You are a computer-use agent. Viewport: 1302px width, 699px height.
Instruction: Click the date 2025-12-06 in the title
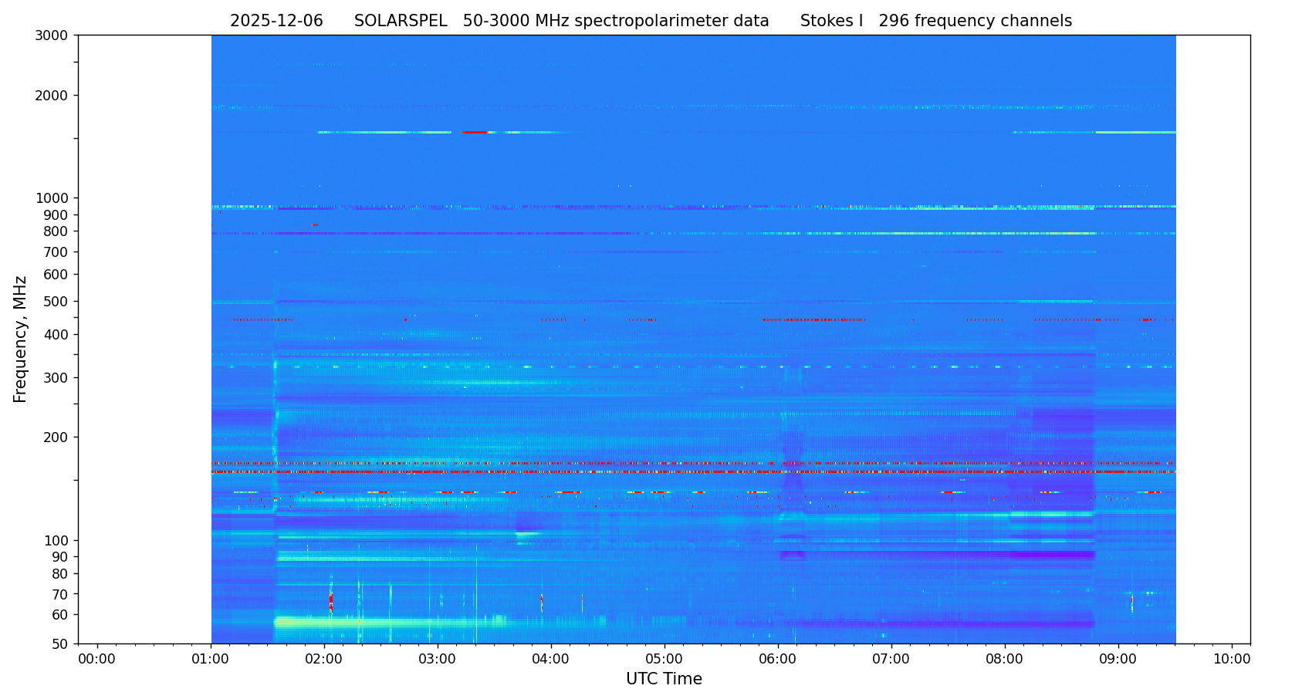pyautogui.click(x=276, y=22)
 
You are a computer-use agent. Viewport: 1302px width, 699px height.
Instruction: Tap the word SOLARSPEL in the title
pyautogui.click(x=401, y=22)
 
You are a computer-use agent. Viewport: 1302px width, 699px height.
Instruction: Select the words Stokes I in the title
pyautogui.click(x=831, y=22)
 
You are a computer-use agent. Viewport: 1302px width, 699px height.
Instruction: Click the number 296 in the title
pyautogui.click(x=894, y=22)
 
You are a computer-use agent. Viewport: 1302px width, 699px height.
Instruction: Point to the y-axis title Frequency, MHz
pyautogui.click(x=21, y=339)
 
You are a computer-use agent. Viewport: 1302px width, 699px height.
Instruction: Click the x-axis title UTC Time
pyautogui.click(x=664, y=680)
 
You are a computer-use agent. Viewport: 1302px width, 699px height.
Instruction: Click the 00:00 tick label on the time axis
pyautogui.click(x=97, y=660)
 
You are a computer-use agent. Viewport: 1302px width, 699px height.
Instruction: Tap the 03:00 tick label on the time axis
pyautogui.click(x=438, y=660)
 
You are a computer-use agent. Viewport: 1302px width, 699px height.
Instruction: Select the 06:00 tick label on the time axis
pyautogui.click(x=778, y=660)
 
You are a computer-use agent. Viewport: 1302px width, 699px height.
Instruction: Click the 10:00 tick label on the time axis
pyautogui.click(x=1232, y=660)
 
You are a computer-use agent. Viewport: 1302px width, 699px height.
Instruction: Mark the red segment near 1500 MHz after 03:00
pyautogui.click(x=475, y=133)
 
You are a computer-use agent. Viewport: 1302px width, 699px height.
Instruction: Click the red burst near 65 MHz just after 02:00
pyautogui.click(x=331, y=600)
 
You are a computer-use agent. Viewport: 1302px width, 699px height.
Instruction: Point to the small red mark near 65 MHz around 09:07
pyautogui.click(x=1131, y=599)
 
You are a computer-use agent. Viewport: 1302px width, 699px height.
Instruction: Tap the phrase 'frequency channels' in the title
pyautogui.click(x=993, y=22)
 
